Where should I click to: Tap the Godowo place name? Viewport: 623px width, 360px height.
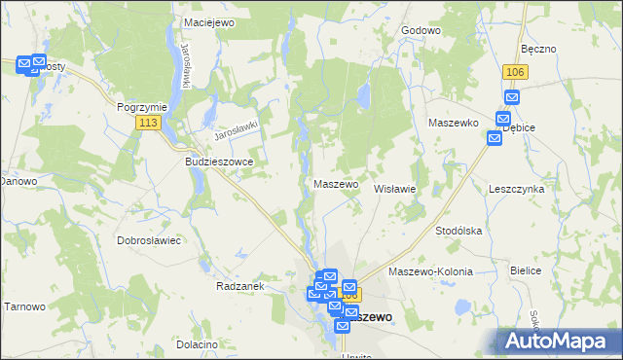[421, 30]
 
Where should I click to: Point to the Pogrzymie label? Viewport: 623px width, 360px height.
[142, 107]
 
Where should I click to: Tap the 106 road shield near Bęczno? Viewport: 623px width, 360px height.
[516, 72]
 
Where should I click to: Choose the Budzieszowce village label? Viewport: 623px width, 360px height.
[219, 162]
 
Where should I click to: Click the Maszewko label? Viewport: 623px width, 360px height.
[452, 123]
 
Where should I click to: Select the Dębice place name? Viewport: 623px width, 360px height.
[519, 126]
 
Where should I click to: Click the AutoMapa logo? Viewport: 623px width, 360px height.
[559, 341]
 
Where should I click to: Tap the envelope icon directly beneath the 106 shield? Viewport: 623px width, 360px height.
[513, 97]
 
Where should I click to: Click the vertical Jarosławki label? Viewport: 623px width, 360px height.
[182, 65]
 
